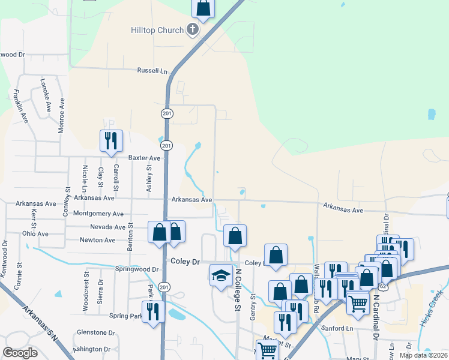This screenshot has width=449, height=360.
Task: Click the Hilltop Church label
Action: (x=157, y=30)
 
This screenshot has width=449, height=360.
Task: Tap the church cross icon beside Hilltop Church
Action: (x=193, y=29)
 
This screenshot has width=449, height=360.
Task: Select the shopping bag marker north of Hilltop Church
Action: (x=203, y=8)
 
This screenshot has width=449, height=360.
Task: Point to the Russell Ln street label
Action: (x=152, y=70)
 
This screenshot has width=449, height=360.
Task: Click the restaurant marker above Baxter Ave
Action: (x=111, y=141)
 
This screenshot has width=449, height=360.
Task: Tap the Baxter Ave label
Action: (x=144, y=158)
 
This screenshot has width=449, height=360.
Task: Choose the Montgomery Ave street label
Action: (x=97, y=214)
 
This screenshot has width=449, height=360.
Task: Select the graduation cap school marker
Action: (x=221, y=276)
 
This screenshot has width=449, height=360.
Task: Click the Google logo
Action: (x=20, y=353)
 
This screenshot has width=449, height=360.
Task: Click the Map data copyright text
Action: (x=423, y=355)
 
